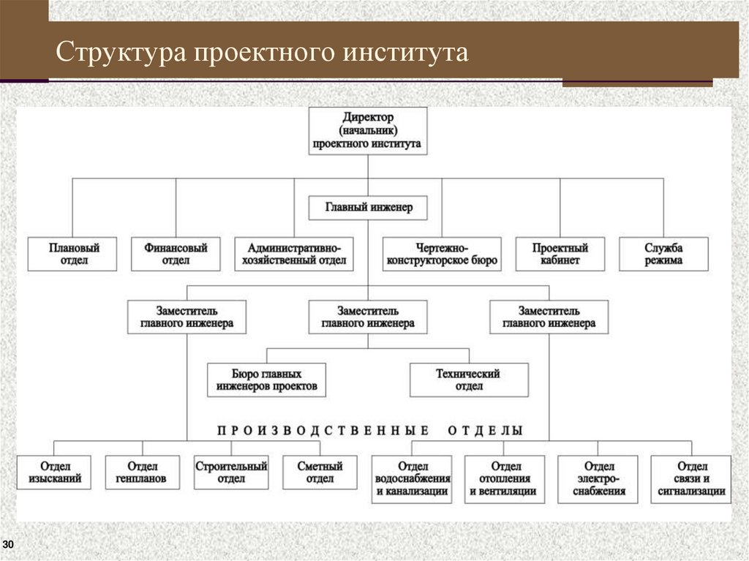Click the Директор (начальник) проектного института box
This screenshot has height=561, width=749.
point(367,131)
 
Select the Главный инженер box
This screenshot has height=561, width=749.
point(369,208)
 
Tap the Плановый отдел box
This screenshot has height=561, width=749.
point(73,254)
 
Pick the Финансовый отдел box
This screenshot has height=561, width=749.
point(176,254)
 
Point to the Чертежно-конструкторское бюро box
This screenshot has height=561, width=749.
point(441,254)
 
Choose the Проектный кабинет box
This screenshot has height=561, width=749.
point(560,254)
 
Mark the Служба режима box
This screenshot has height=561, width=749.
point(664,254)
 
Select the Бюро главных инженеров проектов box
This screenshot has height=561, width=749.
point(266,380)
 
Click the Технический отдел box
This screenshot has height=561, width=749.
point(468,380)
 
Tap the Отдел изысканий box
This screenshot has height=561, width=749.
point(55,472)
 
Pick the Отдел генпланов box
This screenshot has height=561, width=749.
point(142,472)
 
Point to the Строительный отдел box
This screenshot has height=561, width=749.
point(231,472)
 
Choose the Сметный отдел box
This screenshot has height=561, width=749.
point(320,472)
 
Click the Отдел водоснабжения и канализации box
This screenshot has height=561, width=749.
point(412,479)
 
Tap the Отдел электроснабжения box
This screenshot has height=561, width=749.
point(598,479)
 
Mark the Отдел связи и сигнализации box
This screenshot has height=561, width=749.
point(692,479)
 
